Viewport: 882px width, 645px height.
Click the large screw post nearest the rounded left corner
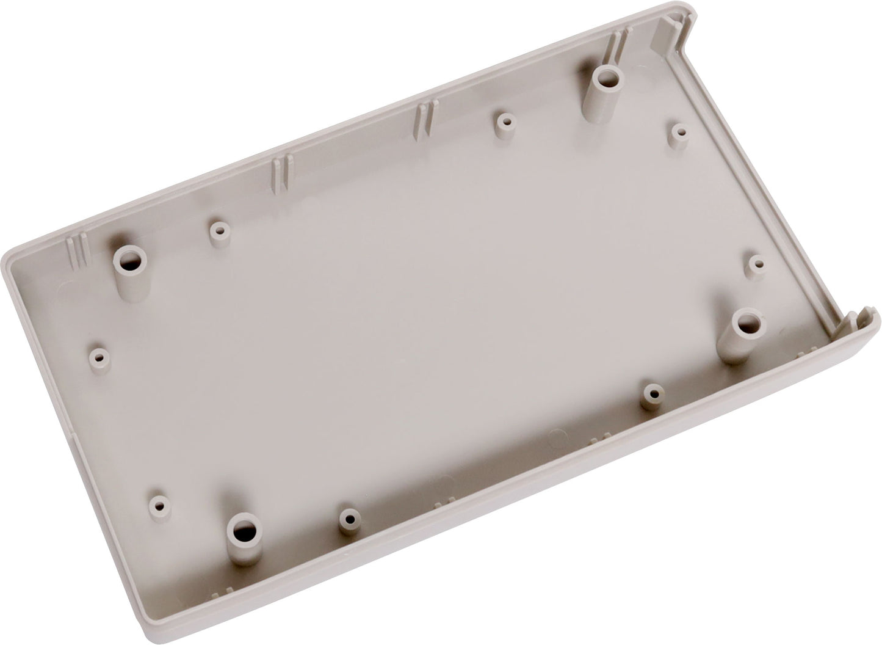(x=129, y=259)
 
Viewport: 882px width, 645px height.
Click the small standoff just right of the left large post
(x=218, y=231)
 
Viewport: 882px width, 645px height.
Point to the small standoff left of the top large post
(x=502, y=120)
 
